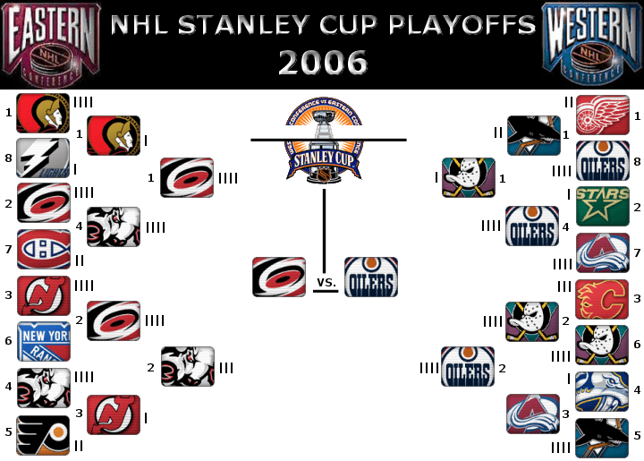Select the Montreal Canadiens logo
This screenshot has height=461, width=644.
click(x=44, y=250)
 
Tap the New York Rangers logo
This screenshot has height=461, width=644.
click(x=44, y=342)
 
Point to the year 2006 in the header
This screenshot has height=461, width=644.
click(x=323, y=62)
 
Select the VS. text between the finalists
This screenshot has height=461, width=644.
click(x=326, y=283)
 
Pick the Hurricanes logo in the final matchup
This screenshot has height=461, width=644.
click(x=279, y=277)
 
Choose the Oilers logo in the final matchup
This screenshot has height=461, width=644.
click(x=370, y=277)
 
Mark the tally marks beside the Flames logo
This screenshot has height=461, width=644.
click(x=564, y=286)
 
